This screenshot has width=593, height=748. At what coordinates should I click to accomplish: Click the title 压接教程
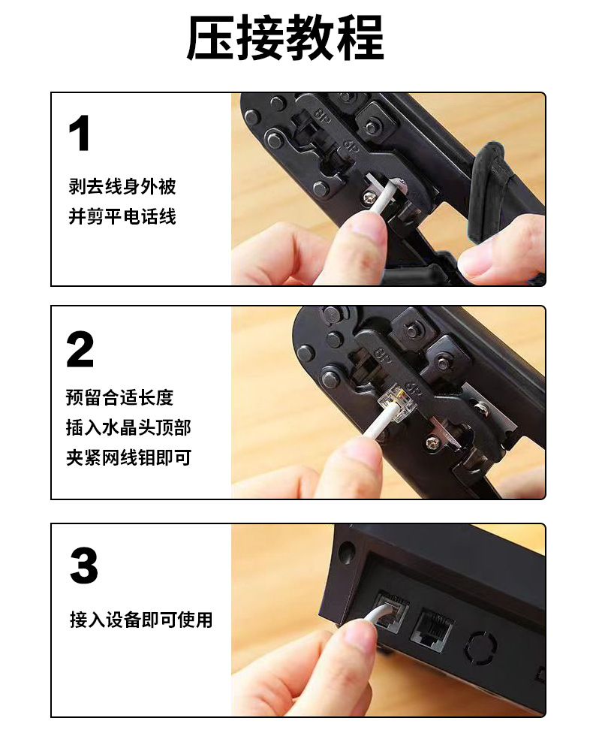click(x=285, y=38)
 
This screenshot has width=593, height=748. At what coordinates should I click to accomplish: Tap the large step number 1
click(x=80, y=134)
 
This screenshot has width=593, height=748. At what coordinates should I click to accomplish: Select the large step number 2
click(x=80, y=350)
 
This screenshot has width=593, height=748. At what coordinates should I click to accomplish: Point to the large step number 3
click(x=83, y=566)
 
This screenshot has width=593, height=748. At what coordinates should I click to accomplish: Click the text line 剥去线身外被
click(x=122, y=186)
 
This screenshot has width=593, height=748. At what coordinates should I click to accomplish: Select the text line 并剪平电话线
click(x=122, y=217)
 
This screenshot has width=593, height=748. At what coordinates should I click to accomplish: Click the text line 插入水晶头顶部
click(x=128, y=427)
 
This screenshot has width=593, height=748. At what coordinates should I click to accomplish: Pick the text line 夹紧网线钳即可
click(x=128, y=457)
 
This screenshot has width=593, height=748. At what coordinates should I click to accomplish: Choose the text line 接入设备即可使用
click(x=141, y=620)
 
